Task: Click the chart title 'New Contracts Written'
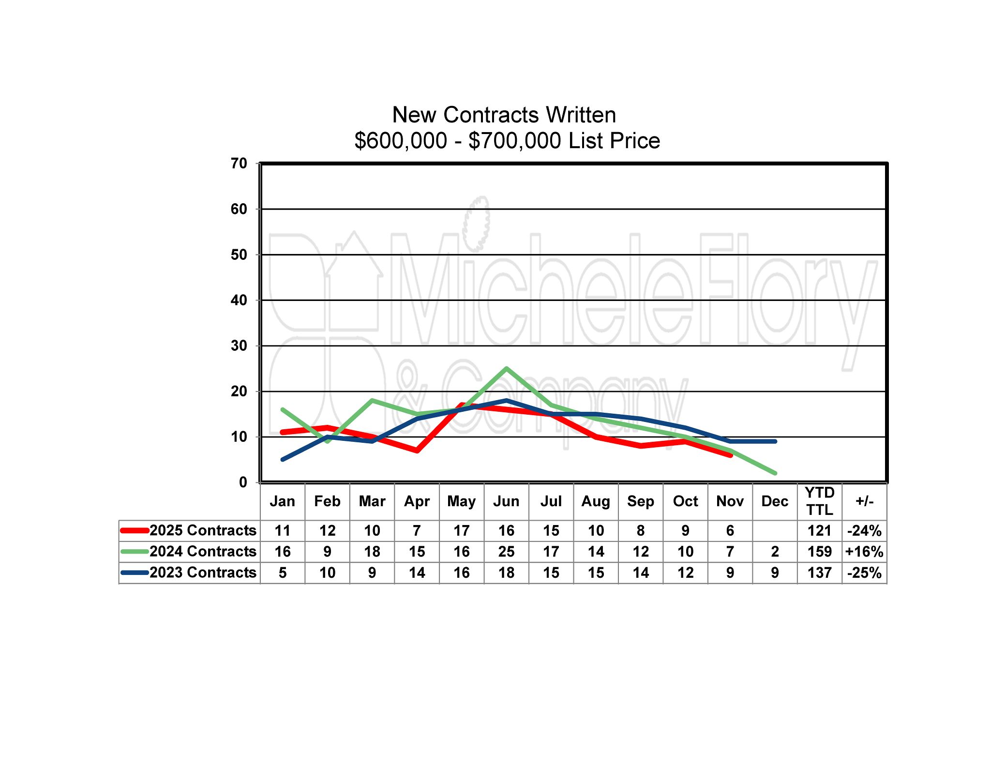504,115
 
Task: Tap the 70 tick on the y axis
239,164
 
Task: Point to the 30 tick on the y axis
239,345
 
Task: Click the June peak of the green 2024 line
506,369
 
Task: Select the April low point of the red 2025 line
417,451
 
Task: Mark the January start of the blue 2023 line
283,459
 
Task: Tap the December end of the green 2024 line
775,473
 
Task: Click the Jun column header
506,501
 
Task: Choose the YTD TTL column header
819,501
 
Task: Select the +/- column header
864,501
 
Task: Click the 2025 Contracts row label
203,530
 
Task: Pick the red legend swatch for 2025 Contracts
135,530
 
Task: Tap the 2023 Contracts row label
203,572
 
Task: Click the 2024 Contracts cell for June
506,552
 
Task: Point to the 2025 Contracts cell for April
417,531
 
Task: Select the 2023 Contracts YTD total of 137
819,573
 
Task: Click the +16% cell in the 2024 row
864,552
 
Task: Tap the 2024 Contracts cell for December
775,552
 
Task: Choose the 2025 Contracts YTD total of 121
819,531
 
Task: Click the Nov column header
730,501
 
